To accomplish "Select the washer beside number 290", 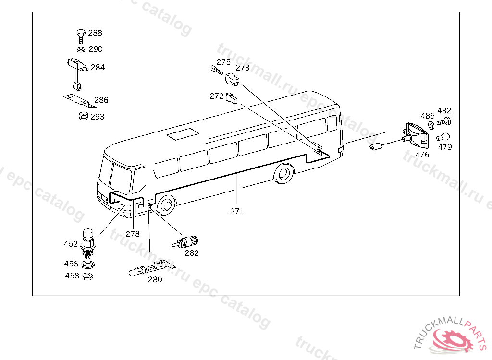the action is (81, 49).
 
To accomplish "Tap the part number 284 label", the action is (98, 67).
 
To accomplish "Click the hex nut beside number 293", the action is (83, 116).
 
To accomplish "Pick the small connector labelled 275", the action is (217, 70).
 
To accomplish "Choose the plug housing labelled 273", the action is (232, 79).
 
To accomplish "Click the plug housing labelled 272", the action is (232, 98).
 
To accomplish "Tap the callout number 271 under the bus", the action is (237, 211).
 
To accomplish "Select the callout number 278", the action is (133, 234).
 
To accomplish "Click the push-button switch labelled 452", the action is (87, 243).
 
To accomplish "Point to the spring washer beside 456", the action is (88, 264).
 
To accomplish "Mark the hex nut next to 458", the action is (87, 276).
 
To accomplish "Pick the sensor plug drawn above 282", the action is (185, 242).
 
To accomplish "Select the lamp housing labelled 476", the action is (416, 136).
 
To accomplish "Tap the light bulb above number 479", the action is (443, 137).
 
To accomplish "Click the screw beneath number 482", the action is (443, 121).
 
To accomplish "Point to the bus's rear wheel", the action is (284, 173).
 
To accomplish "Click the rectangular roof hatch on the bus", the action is (183, 134).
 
